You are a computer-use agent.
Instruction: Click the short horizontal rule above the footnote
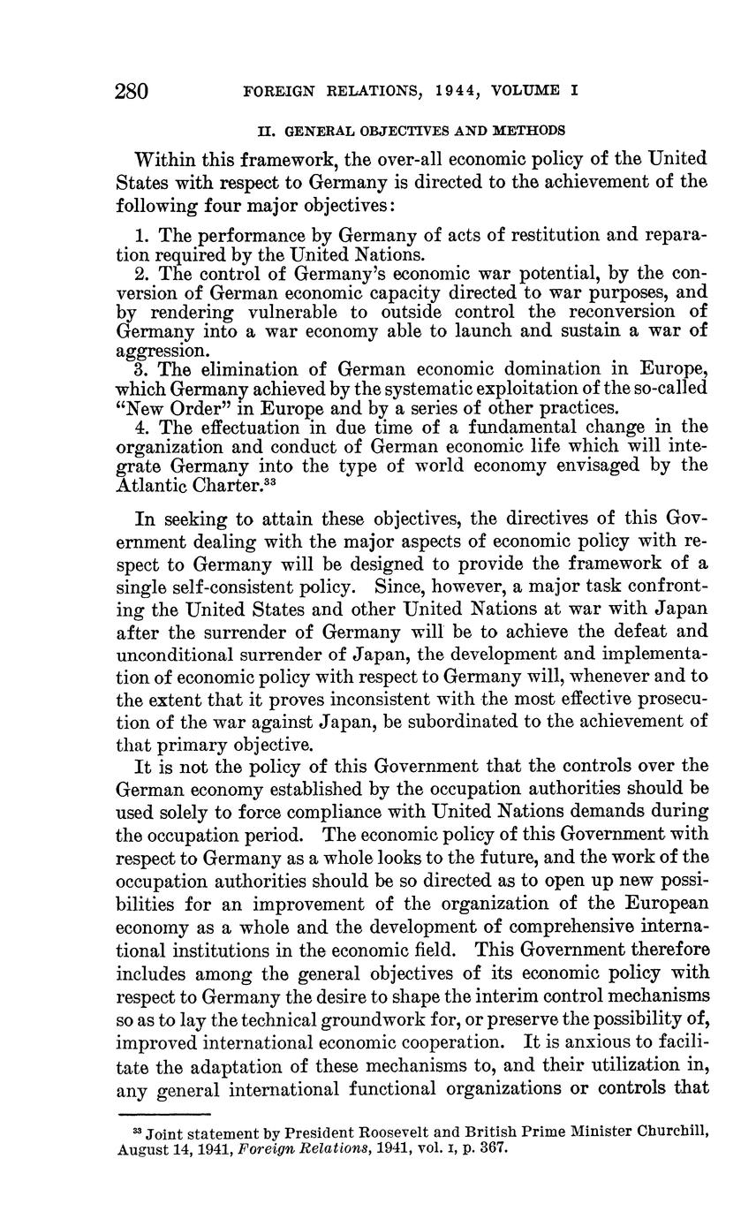pos(163,1115)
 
